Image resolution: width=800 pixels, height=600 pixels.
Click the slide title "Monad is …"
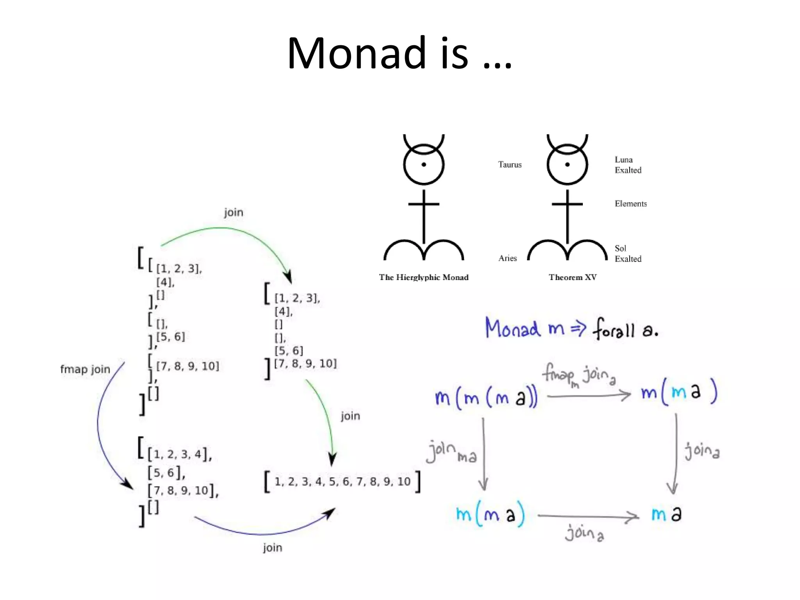(399, 54)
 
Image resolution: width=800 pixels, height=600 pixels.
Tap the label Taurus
(510, 164)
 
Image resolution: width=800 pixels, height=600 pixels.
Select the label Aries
(507, 258)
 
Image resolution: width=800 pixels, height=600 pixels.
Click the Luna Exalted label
(628, 165)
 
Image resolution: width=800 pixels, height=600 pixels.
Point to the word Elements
(630, 204)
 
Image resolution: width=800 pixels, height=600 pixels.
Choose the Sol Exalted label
(628, 254)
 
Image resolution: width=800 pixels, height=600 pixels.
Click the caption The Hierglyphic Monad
(423, 277)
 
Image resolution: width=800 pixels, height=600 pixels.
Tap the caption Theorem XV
(572, 277)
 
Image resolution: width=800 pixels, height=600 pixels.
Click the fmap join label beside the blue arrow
(85, 369)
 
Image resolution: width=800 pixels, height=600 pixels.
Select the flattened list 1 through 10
(342, 481)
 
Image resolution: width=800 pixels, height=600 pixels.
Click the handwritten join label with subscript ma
(451, 452)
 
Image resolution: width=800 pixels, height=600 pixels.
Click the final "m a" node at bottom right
(666, 514)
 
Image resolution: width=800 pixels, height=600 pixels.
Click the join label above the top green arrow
(234, 212)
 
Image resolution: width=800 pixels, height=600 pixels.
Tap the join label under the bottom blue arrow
(272, 548)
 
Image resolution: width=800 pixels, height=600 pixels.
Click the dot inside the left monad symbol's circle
(423, 164)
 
